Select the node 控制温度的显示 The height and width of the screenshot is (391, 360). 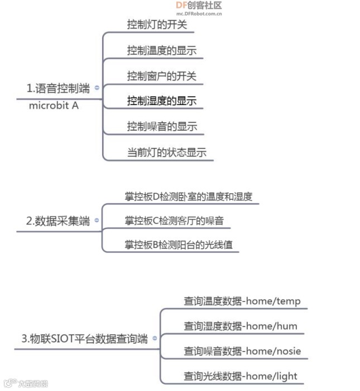[161, 50]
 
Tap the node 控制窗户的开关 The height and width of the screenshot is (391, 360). [161, 75]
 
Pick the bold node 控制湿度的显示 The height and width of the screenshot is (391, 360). [161, 101]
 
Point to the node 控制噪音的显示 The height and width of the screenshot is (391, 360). [162, 126]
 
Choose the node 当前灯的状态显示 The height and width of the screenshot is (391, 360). [167, 152]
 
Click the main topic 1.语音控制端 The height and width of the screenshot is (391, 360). [58, 88]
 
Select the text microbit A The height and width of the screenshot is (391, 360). [54, 104]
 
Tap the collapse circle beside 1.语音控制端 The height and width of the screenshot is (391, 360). [97, 88]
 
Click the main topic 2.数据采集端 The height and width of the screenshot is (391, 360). [58, 221]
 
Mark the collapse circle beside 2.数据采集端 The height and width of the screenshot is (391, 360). [97, 221]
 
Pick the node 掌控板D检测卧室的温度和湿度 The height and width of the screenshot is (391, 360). [189, 196]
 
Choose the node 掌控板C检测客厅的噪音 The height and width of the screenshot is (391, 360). [174, 221]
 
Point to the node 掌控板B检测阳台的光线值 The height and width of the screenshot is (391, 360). [179, 245]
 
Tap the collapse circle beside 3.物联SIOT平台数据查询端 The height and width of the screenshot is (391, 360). [155, 338]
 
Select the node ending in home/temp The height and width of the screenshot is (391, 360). [242, 301]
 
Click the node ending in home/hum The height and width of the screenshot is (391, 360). [241, 326]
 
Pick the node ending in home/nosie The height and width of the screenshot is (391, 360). [242, 351]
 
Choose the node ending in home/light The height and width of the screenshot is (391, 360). [241, 376]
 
